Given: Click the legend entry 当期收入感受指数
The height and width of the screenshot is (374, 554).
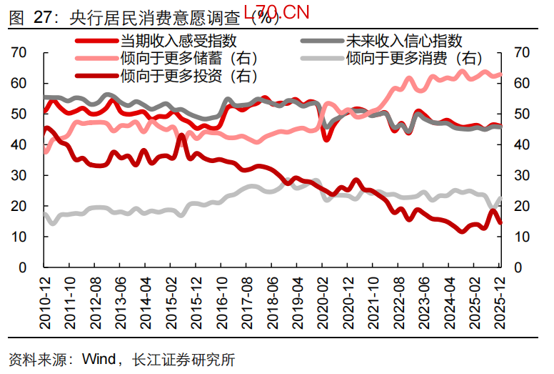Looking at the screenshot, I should coord(178,41).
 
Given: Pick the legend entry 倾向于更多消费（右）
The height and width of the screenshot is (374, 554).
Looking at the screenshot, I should coord(413,58).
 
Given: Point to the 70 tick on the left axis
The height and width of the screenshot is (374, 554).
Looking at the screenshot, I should coord(19,52).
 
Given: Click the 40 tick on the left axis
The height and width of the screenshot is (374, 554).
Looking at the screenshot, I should coord(19,144).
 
